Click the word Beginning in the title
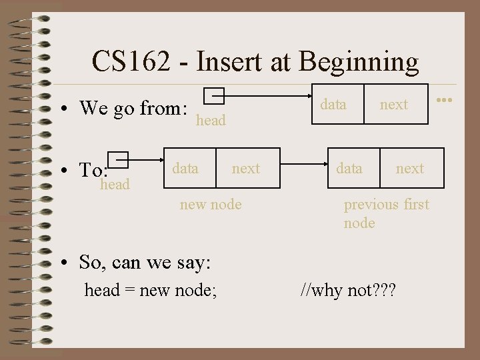pyautogui.click(x=359, y=62)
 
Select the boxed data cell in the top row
pyautogui.click(x=333, y=104)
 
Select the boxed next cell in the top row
pyautogui.click(x=394, y=104)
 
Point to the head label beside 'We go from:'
pyautogui.click(x=211, y=121)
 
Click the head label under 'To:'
pyautogui.click(x=114, y=185)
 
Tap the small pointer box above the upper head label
pyautogui.click(x=213, y=97)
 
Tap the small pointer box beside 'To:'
pyautogui.click(x=118, y=159)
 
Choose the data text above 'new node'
pyautogui.click(x=185, y=168)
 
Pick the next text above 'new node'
pyautogui.click(x=245, y=169)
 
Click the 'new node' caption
pyautogui.click(x=211, y=205)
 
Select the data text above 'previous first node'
pyautogui.click(x=349, y=168)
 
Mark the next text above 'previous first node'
pyautogui.click(x=409, y=169)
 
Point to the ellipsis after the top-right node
pyautogui.click(x=445, y=100)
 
